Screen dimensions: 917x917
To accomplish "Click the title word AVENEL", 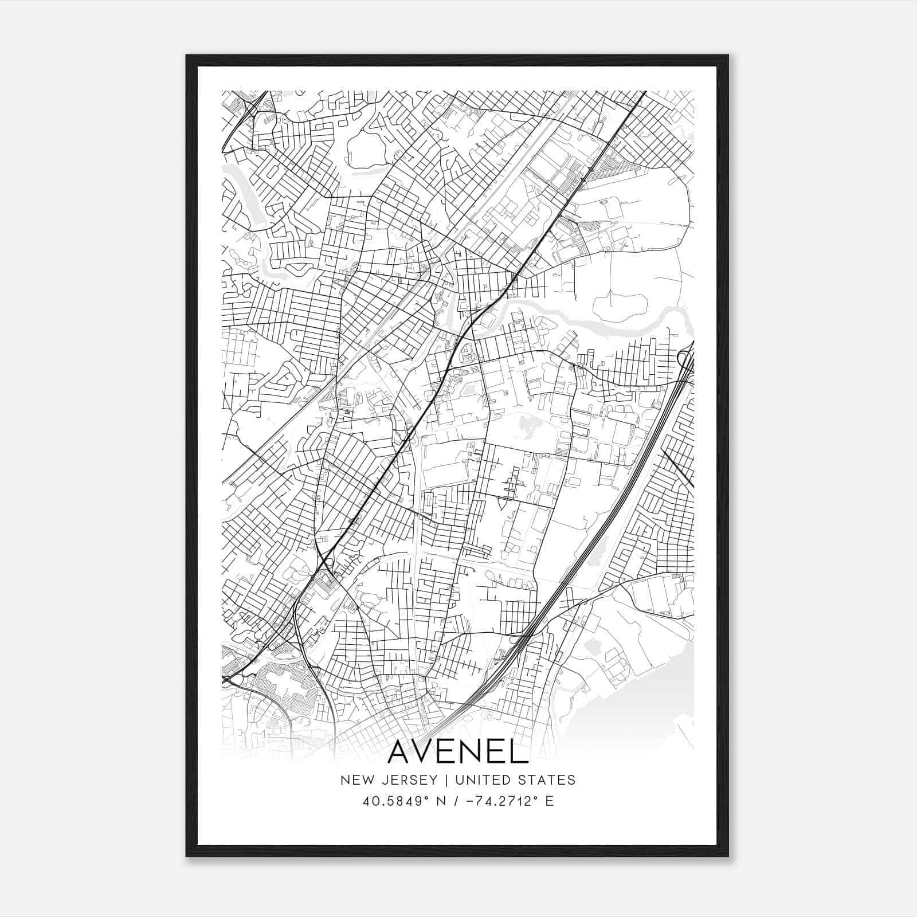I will (x=458, y=753).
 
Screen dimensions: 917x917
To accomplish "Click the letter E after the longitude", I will (x=550, y=801).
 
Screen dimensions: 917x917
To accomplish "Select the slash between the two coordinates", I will (x=456, y=801).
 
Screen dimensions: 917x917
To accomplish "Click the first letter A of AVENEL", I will (x=401, y=753).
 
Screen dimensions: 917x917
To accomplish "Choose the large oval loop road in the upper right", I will (x=636, y=206).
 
